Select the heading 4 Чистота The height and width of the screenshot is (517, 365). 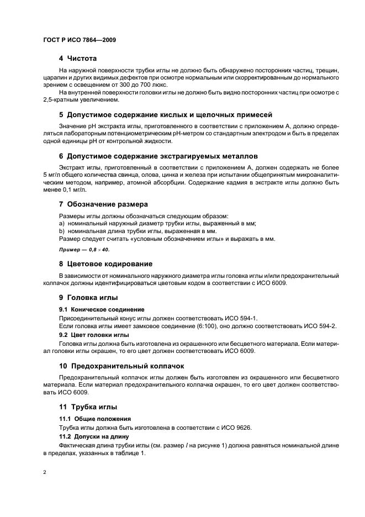(78, 58)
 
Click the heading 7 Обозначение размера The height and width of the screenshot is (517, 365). (103, 204)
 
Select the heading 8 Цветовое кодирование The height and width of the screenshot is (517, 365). (105, 263)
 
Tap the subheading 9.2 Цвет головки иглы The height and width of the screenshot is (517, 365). (94, 335)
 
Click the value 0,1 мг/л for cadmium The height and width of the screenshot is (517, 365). (71, 189)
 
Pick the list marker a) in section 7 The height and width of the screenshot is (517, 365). (62, 223)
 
